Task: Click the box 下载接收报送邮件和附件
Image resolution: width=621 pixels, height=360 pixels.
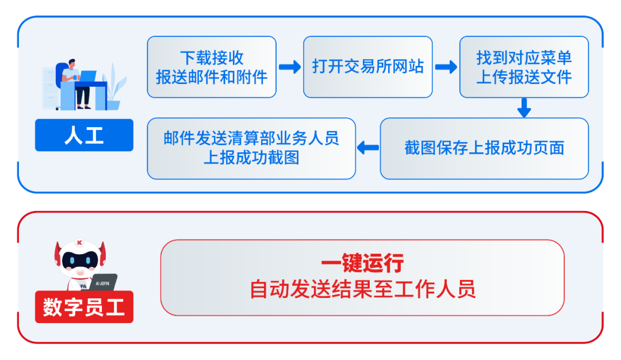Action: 212,67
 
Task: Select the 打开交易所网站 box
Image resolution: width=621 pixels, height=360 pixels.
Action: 368,67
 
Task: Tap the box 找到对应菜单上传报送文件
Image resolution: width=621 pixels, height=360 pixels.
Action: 524,67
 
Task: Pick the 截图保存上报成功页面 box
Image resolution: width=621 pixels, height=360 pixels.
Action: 484,148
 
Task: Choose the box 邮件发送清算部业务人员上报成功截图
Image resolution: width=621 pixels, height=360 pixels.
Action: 251,148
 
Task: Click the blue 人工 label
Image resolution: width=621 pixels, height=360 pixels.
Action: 84,136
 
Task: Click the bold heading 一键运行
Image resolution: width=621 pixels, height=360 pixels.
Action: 362,263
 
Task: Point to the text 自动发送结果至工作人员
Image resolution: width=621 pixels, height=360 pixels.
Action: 362,289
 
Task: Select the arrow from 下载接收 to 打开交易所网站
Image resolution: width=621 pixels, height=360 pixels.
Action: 290,67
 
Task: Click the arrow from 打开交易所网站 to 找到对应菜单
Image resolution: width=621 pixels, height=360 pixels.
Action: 446,67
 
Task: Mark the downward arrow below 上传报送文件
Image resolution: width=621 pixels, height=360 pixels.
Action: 523,108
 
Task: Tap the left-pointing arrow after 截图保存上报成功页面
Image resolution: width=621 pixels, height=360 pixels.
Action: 368,148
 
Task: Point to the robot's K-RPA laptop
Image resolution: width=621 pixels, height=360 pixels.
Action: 103,282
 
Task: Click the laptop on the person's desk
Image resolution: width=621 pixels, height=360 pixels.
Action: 88,76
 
